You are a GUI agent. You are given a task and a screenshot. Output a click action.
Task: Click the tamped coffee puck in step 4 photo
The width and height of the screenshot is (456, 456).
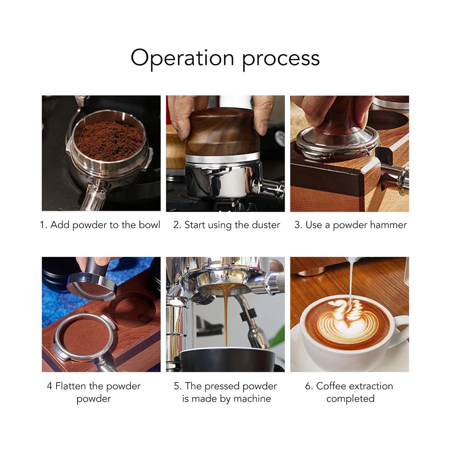coord(85,336)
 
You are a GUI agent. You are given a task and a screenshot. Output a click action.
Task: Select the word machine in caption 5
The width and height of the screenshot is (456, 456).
coord(252,399)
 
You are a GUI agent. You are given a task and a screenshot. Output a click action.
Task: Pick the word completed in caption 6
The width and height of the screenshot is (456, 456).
coord(350,399)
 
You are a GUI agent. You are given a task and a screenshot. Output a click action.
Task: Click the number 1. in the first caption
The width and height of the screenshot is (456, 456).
coord(44,225)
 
